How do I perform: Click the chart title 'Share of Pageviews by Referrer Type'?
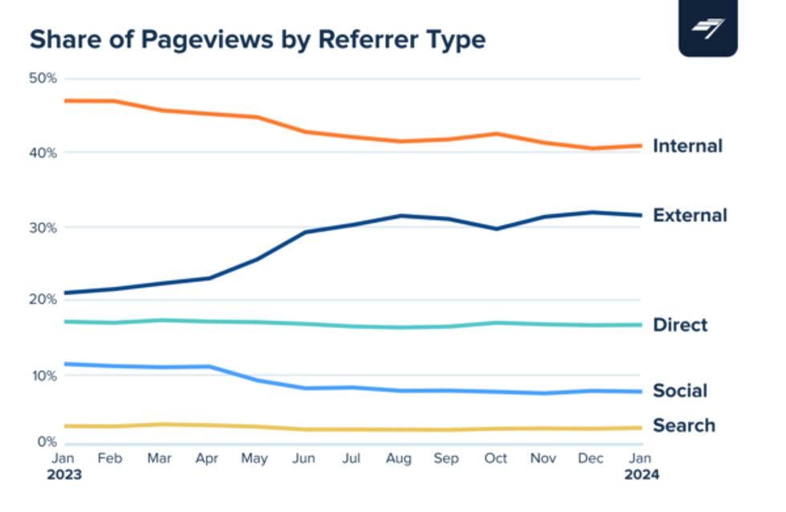tap(257, 39)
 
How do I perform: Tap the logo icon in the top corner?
tap(707, 28)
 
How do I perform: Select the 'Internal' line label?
tap(687, 146)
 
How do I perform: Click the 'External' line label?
tap(690, 216)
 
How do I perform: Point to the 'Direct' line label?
tap(680, 325)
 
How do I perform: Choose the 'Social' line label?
tap(680, 391)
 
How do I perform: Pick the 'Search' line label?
tap(683, 425)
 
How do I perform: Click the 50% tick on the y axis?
tap(42, 79)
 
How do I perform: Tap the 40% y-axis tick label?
tap(42, 152)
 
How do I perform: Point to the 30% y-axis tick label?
tap(42, 228)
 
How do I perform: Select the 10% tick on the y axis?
tap(42, 375)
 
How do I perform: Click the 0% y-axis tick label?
tap(45, 442)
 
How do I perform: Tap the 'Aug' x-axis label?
tap(399, 459)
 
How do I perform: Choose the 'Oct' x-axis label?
tap(496, 459)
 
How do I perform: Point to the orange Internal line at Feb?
tap(113, 101)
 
